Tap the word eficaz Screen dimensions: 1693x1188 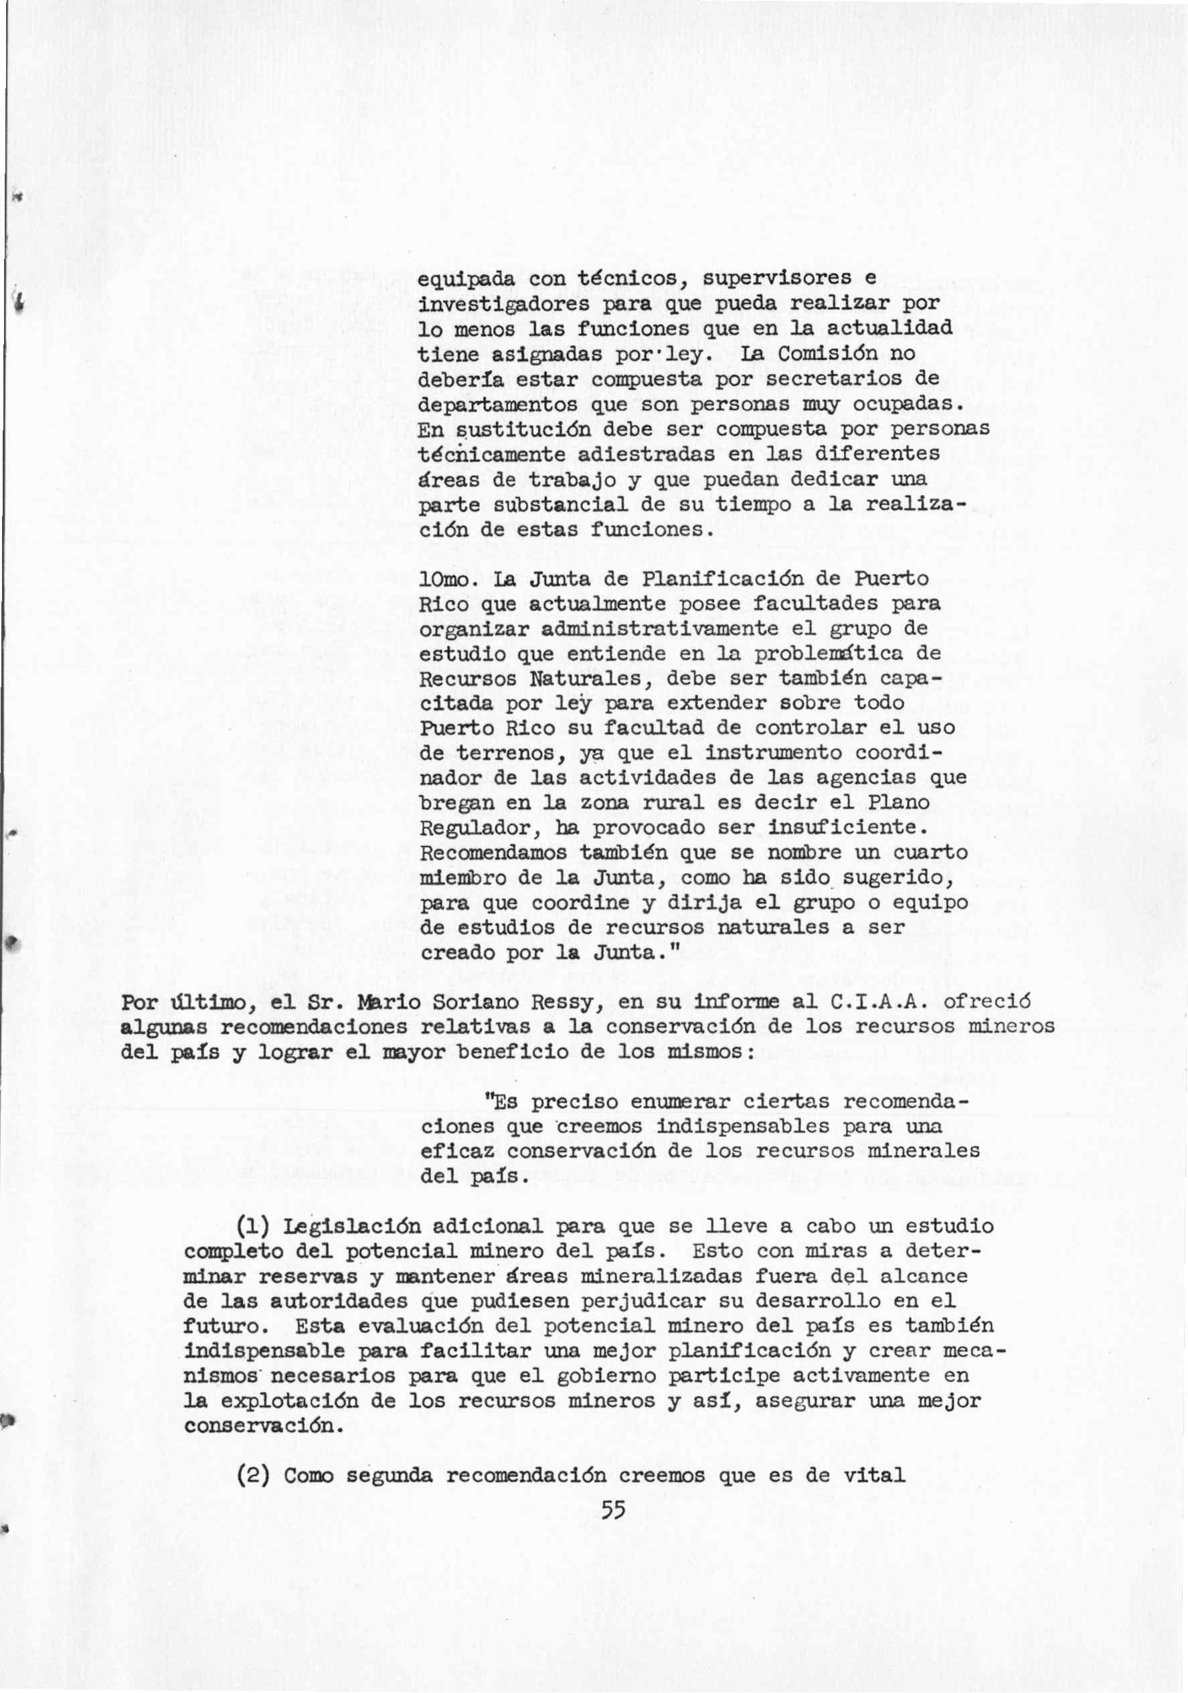(x=457, y=1150)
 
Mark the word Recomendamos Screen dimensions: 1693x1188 (x=493, y=853)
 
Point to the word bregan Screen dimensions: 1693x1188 (x=456, y=804)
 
